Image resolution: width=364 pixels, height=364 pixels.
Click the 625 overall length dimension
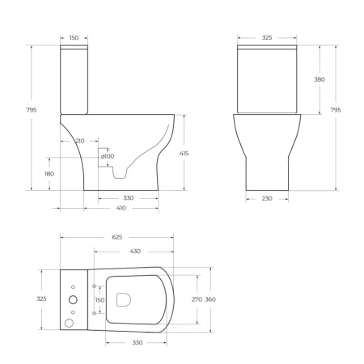click(116, 237)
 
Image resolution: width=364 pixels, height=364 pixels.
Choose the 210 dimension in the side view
click(79, 140)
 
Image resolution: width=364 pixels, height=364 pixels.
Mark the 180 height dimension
click(49, 173)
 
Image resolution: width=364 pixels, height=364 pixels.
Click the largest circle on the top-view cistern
click(69, 323)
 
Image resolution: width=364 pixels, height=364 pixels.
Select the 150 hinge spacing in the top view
click(100, 300)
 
